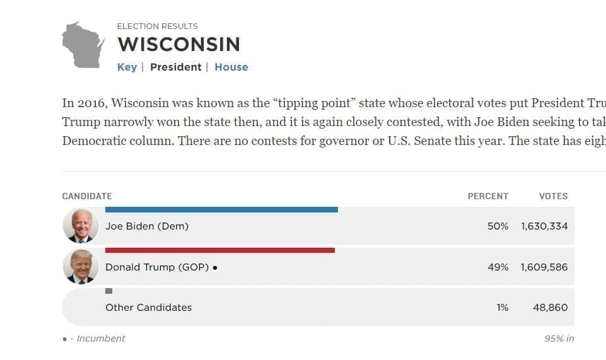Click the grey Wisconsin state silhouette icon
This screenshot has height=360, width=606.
coord(83,45)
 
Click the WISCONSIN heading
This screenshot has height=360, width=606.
coord(178,45)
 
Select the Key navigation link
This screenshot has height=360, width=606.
coord(127,67)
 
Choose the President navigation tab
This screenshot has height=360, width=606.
coord(175,67)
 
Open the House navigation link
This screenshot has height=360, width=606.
coord(231,67)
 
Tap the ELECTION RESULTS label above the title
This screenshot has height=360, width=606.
coord(157,26)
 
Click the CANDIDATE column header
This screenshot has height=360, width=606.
coord(87,196)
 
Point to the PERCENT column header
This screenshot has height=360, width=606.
coord(487,196)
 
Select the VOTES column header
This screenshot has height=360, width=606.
coord(553,196)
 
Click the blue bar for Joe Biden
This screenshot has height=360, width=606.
coord(221,210)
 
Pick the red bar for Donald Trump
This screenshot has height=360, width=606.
coord(219,250)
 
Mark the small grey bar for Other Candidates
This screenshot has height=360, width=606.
coord(108,291)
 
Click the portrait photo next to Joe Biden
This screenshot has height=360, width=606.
coord(81,226)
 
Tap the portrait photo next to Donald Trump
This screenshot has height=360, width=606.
coord(81,267)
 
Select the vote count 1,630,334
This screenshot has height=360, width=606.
coord(544,226)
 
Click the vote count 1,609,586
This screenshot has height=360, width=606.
coord(544,267)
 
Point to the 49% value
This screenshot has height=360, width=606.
coord(498,267)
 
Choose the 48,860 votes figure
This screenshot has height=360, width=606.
coord(550,308)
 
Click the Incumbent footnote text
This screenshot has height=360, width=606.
coord(100,339)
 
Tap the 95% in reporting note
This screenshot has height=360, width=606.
coord(559,339)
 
